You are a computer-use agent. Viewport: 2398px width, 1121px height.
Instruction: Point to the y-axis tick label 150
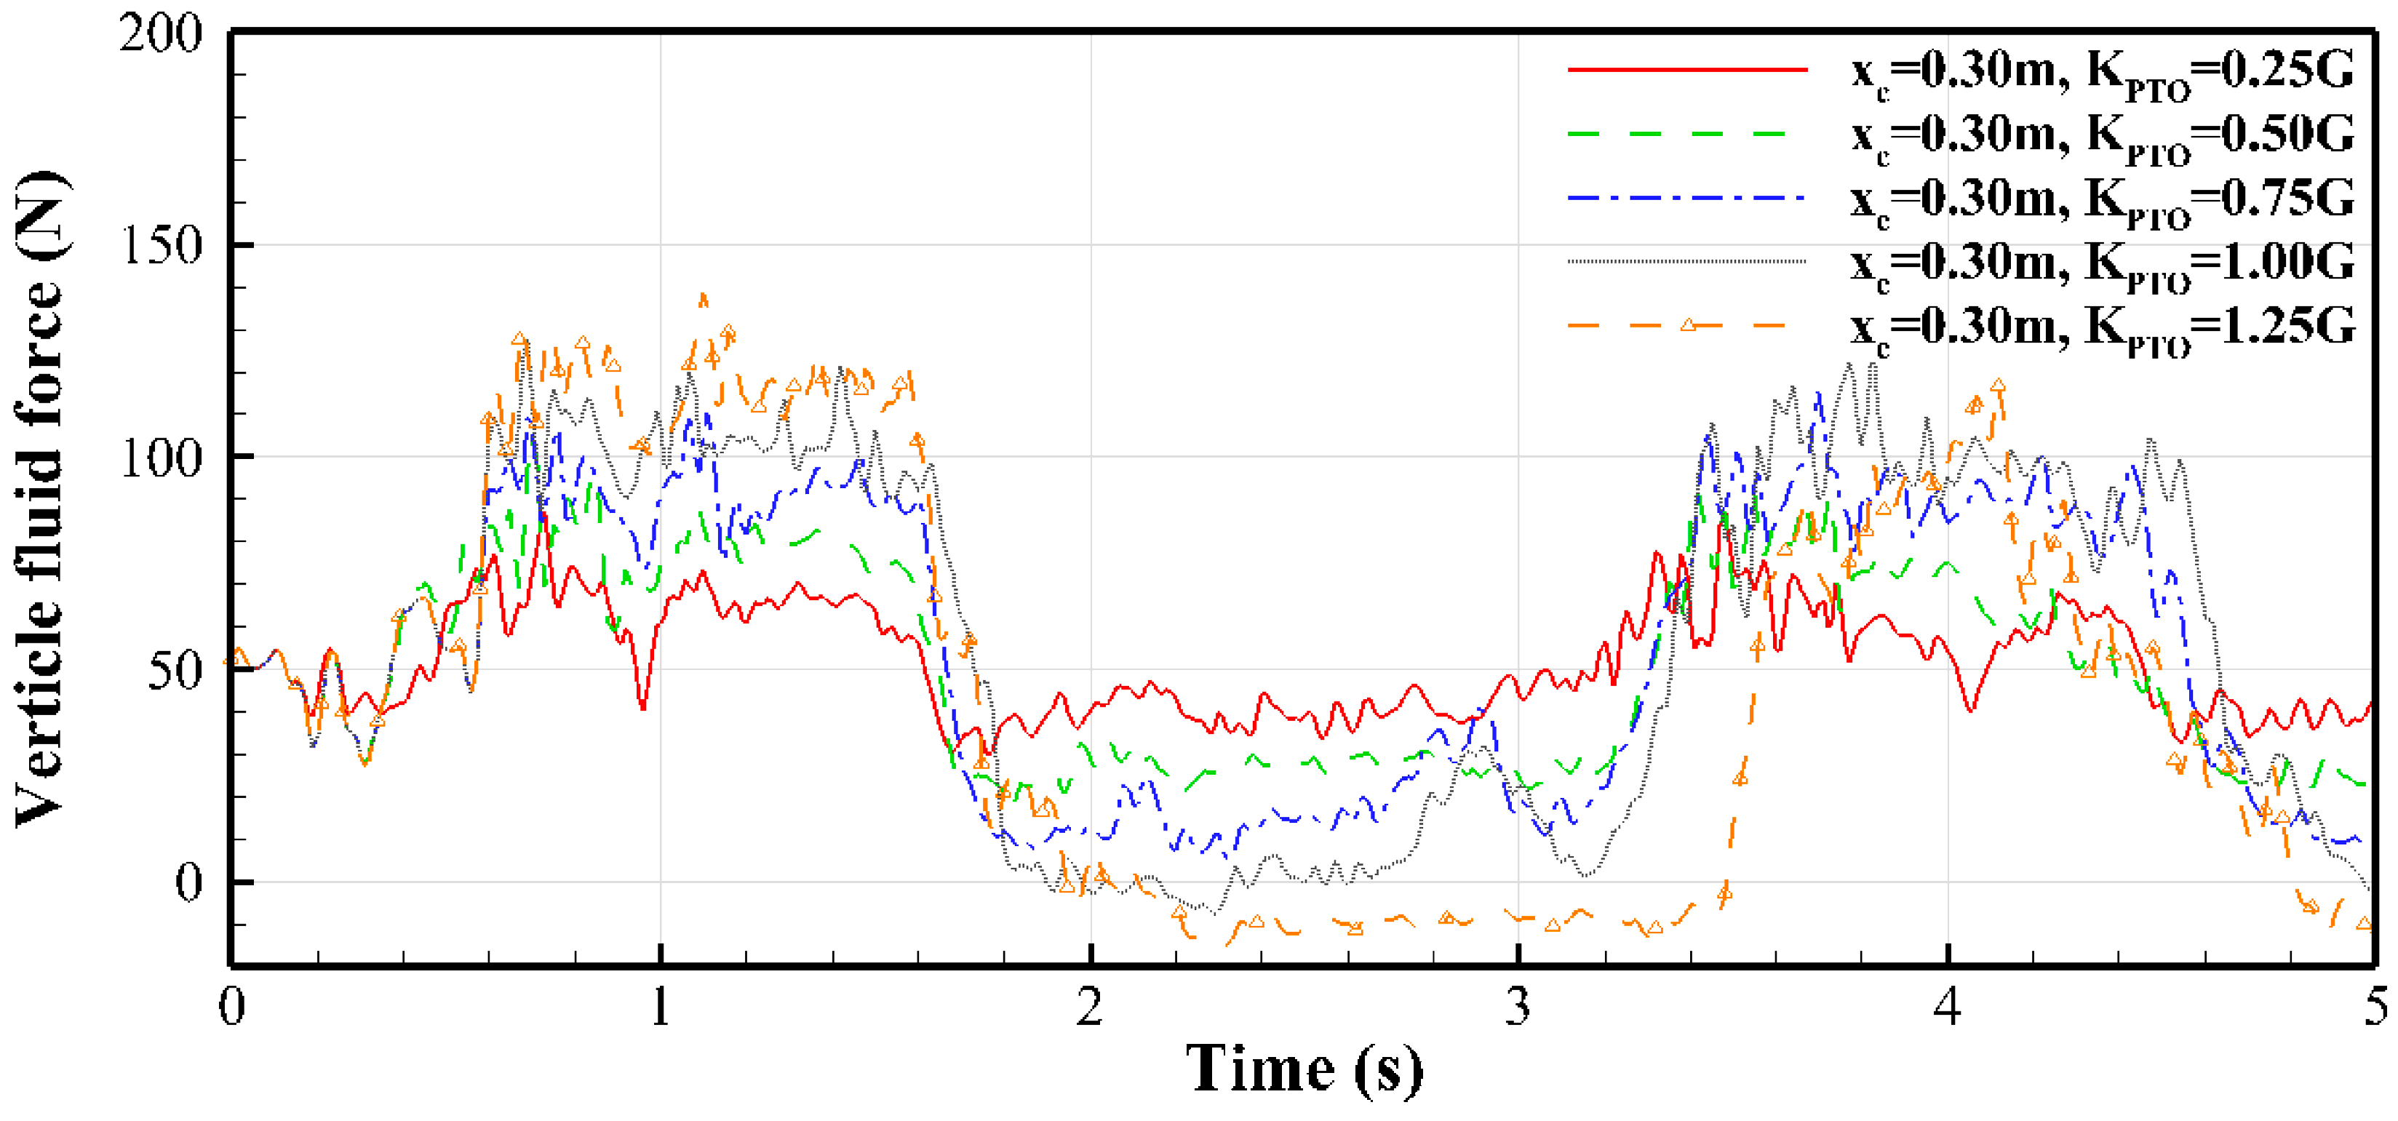click(x=161, y=246)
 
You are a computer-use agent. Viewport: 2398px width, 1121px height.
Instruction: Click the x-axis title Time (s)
click(x=1303, y=1071)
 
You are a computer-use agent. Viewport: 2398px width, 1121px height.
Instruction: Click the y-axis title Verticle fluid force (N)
click(x=42, y=498)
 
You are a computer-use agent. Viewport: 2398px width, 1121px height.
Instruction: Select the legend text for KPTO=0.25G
click(x=2102, y=73)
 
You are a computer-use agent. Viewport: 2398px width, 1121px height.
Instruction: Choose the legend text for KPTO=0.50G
click(x=2102, y=137)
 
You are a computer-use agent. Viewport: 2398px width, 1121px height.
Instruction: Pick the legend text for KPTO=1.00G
click(x=2102, y=264)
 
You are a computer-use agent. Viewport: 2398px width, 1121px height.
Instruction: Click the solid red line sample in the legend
click(x=1686, y=69)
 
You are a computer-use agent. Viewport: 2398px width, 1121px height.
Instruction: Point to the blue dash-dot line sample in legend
click(x=1686, y=197)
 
